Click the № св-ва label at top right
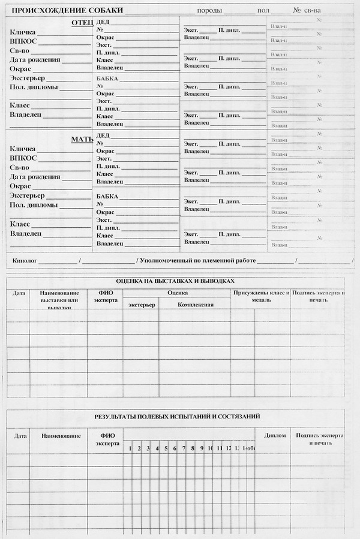click(x=306, y=11)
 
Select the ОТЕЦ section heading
click(x=82, y=22)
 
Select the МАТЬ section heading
click(x=82, y=139)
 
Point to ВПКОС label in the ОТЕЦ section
click(x=23, y=41)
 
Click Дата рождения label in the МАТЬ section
click(x=35, y=177)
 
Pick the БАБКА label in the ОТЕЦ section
click(x=107, y=79)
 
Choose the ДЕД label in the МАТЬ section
click(x=103, y=135)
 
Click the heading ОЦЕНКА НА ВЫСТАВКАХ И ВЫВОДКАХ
click(x=175, y=281)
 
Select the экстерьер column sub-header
click(x=142, y=305)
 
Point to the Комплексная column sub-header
click(x=196, y=305)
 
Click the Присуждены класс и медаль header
click(x=261, y=296)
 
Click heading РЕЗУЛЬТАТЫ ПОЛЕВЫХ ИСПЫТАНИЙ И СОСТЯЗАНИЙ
click(x=177, y=416)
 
